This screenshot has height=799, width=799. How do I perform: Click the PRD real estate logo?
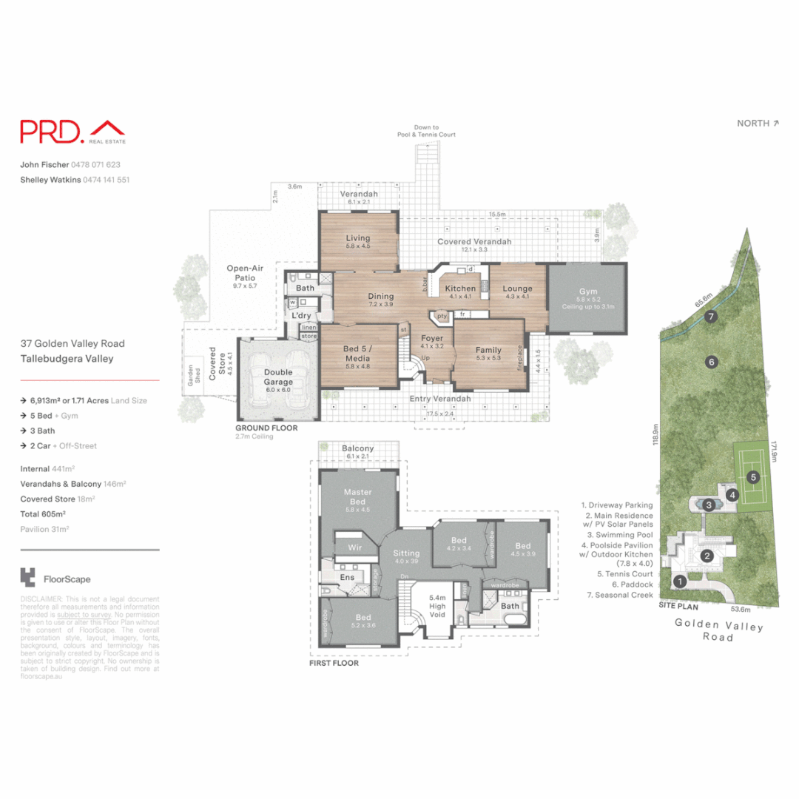pyautogui.click(x=73, y=132)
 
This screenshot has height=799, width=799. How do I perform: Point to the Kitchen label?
pyautogui.click(x=459, y=288)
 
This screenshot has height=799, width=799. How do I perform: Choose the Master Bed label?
pyautogui.click(x=357, y=496)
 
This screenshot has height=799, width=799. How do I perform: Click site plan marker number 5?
pyautogui.click(x=752, y=477)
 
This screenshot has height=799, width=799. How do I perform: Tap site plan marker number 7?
pyautogui.click(x=711, y=317)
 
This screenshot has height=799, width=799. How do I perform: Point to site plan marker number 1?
pyautogui.click(x=679, y=581)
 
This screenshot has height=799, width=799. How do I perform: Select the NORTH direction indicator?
pyautogui.click(x=758, y=124)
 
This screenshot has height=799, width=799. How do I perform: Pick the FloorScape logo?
pyautogui.click(x=56, y=579)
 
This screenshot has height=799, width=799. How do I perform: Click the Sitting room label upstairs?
pyautogui.click(x=406, y=553)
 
